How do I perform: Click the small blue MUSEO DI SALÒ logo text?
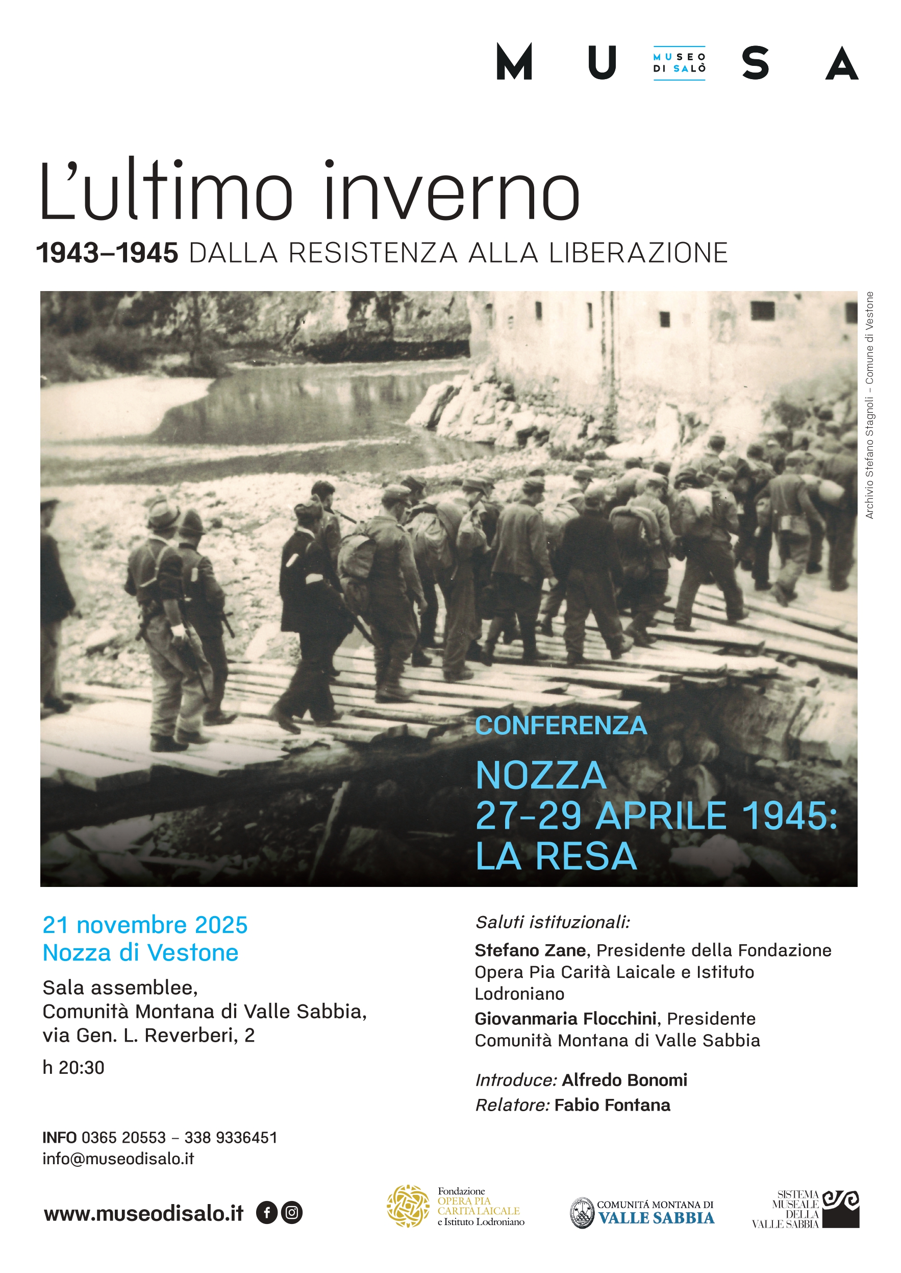pos(679,63)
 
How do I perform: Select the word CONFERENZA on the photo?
pos(561,726)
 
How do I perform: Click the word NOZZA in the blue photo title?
pos(541,775)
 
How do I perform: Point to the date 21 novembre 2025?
pos(145,925)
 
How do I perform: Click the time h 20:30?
pos(73,1067)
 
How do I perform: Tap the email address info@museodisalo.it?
pos(118,1159)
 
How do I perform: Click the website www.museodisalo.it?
pos(144,1214)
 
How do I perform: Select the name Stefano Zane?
pos(531,950)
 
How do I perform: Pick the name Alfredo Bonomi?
pos(624,1080)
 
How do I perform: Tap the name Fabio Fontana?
pos(612,1105)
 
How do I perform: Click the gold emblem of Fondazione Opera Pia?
pos(408,1206)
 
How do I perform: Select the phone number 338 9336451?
pos(231,1138)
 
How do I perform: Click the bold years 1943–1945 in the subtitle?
pos(107,253)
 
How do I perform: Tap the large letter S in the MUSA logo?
pos(755,63)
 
